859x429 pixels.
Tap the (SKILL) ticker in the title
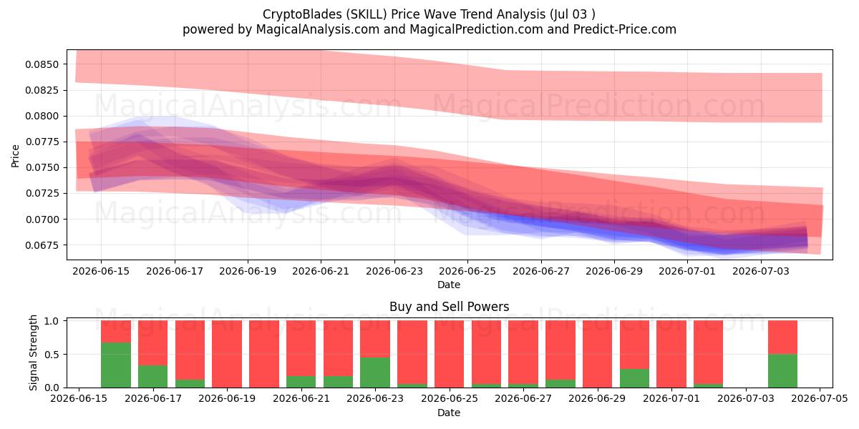(367, 14)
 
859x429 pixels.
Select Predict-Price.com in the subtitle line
(625, 29)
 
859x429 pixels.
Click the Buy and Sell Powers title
(449, 307)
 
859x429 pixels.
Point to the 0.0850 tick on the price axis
(42, 64)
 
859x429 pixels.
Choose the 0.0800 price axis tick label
(42, 116)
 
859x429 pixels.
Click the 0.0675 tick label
(42, 245)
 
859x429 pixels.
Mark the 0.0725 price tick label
(42, 194)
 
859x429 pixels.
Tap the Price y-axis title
(15, 156)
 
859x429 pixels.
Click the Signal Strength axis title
(34, 352)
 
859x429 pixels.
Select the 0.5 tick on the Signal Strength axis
(52, 355)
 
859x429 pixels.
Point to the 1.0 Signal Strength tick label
(52, 321)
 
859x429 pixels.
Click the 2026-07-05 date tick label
(820, 398)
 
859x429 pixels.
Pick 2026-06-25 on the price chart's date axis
(467, 271)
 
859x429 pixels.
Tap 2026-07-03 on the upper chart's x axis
(761, 271)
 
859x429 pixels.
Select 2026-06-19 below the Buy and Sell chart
(227, 398)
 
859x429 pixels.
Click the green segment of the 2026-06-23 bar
(375, 373)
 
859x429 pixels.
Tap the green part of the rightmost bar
(782, 371)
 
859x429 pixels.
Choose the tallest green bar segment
(116, 365)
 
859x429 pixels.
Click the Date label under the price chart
(449, 285)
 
